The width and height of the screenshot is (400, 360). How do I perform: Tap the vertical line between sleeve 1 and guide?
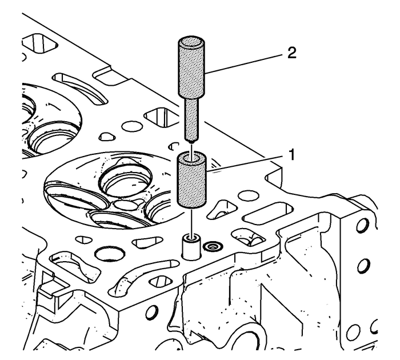pyautogui.click(x=192, y=220)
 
